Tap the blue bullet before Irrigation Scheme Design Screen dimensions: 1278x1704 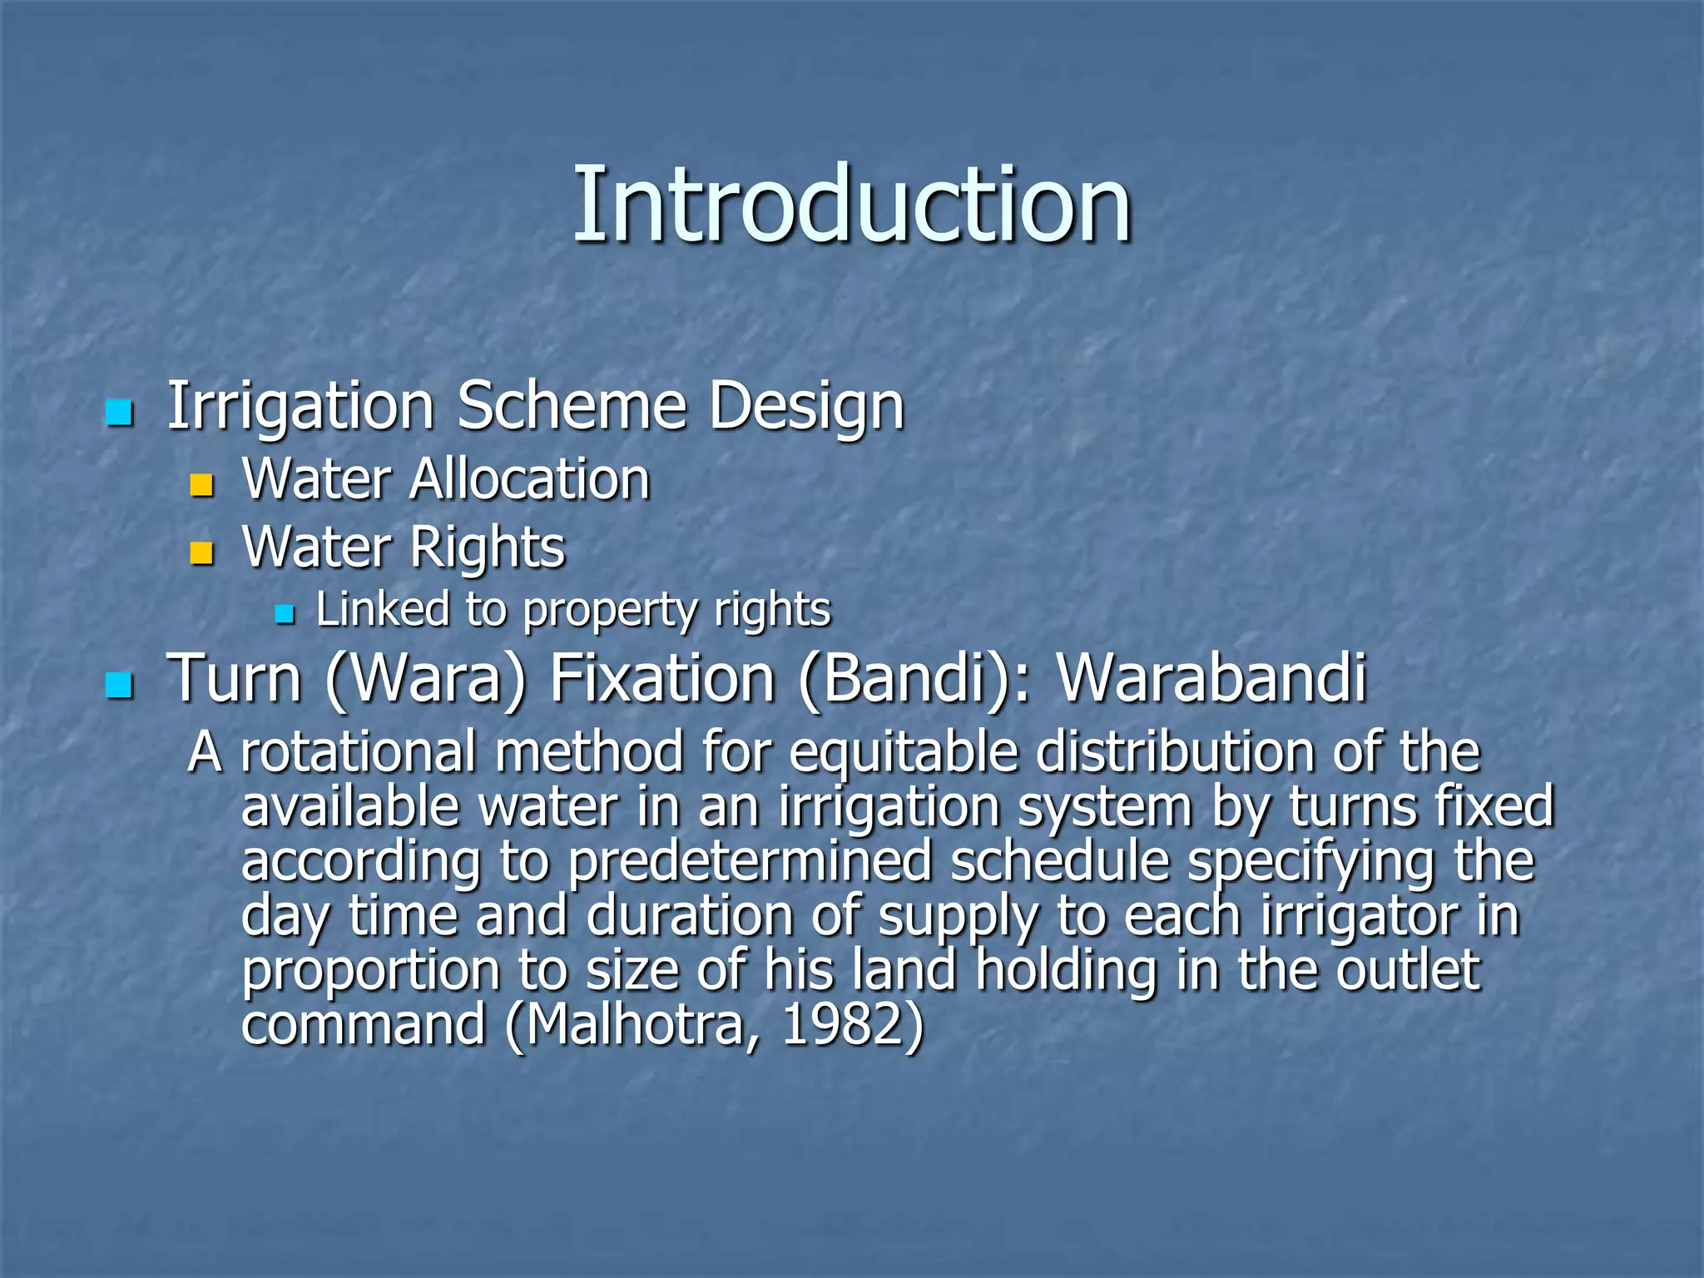coord(120,413)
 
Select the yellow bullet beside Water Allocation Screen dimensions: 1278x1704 coord(201,485)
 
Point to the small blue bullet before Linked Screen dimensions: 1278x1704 coord(285,615)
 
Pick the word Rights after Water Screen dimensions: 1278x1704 coord(488,548)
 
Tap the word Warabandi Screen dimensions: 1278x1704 coord(1211,678)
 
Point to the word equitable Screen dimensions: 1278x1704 coord(904,754)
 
